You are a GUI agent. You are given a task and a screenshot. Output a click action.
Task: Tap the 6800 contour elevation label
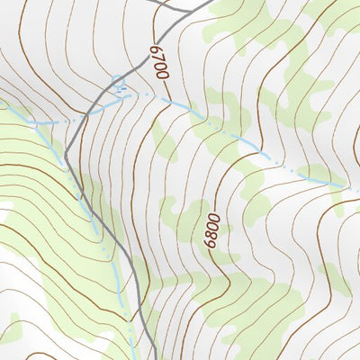[211, 229]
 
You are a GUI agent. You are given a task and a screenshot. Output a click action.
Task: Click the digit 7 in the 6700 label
[157, 57]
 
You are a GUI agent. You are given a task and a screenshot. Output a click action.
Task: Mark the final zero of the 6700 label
[163, 76]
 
